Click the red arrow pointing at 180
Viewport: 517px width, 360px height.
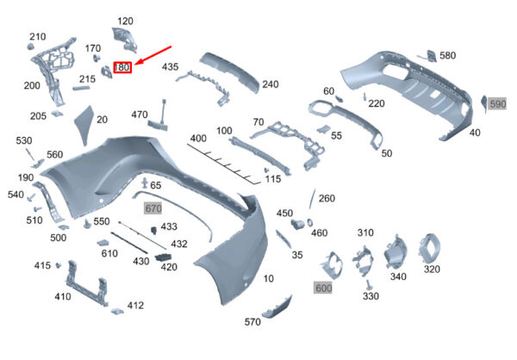pyautogui.click(x=153, y=55)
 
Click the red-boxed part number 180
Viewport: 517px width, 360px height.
pyautogui.click(x=122, y=67)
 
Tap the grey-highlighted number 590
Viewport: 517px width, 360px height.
pyautogui.click(x=497, y=104)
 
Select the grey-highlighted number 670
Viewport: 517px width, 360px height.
pyautogui.click(x=153, y=208)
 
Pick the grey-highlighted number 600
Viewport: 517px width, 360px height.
pyautogui.click(x=323, y=289)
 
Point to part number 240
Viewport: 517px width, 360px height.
pyautogui.click(x=271, y=84)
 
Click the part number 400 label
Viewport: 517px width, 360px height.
pyautogui.click(x=198, y=138)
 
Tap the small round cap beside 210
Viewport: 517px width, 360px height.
pyautogui.click(x=31, y=47)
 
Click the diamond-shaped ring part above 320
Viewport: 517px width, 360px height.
pyautogui.click(x=430, y=249)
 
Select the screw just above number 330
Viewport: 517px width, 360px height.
pyautogui.click(x=368, y=284)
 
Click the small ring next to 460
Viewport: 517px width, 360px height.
pyautogui.click(x=310, y=222)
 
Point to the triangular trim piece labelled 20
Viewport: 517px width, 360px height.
pyautogui.click(x=84, y=124)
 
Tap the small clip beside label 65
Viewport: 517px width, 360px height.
pyautogui.click(x=145, y=183)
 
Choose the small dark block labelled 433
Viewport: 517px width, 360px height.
pyautogui.click(x=154, y=230)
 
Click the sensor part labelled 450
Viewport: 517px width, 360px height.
pyautogui.click(x=297, y=224)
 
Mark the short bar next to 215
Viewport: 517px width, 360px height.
pyautogui.click(x=81, y=88)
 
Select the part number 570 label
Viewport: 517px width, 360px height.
pyautogui.click(x=252, y=322)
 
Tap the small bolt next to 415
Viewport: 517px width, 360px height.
pyautogui.click(x=59, y=265)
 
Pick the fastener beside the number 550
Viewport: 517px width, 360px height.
pyautogui.click(x=87, y=224)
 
